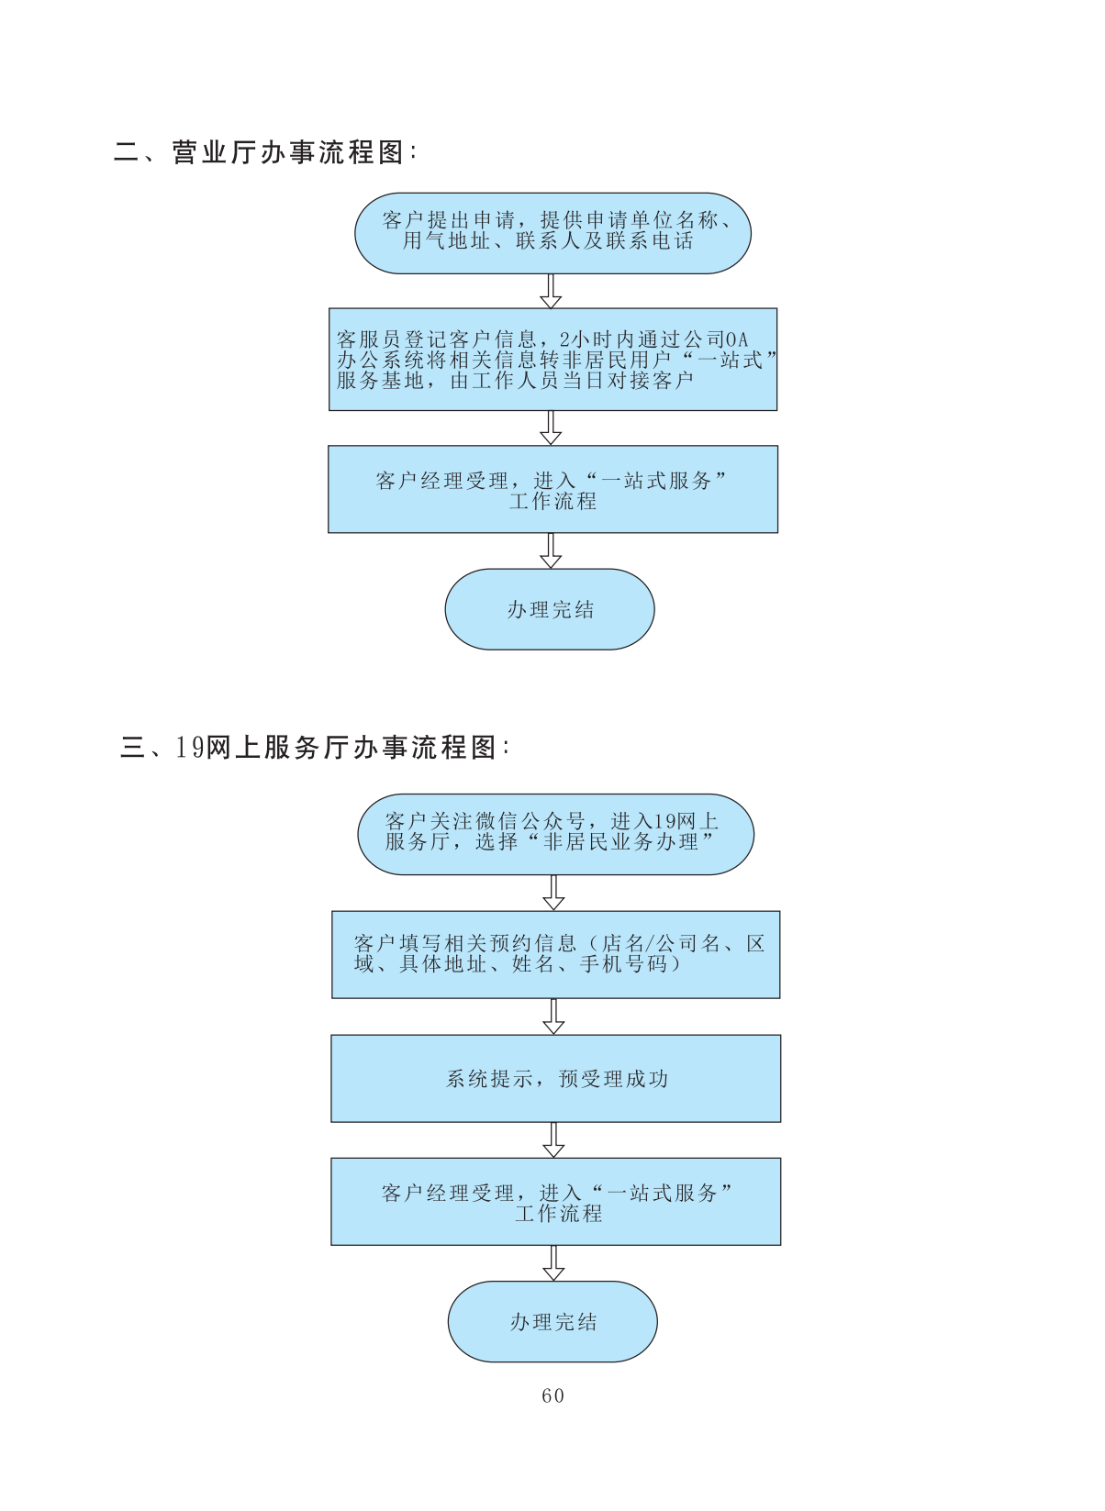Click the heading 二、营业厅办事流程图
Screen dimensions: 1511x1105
(x=265, y=152)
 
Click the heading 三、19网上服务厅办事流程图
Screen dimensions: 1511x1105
(x=314, y=748)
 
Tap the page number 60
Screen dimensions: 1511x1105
(x=552, y=1395)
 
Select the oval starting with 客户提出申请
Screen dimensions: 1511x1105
(x=552, y=233)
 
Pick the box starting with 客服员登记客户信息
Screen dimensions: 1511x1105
(x=552, y=360)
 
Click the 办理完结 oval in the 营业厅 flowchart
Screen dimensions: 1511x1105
(x=550, y=609)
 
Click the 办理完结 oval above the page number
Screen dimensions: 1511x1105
(x=552, y=1321)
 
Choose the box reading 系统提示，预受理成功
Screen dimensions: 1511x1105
(x=555, y=1079)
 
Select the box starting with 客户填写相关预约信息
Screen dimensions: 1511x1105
(x=555, y=954)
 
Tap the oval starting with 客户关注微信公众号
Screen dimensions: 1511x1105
(x=555, y=834)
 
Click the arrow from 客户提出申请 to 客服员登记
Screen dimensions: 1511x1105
(x=551, y=292)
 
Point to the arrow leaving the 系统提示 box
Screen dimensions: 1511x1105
(x=553, y=1140)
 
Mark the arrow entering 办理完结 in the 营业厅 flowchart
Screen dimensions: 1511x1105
(x=551, y=551)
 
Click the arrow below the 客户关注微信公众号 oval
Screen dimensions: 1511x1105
(x=553, y=893)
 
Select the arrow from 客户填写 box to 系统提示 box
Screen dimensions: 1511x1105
(x=553, y=1017)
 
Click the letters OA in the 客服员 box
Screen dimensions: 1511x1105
(x=737, y=340)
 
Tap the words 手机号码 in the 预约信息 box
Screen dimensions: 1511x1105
(x=624, y=964)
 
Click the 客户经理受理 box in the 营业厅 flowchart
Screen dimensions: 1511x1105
(x=552, y=490)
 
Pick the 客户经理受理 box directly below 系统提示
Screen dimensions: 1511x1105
(x=555, y=1202)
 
